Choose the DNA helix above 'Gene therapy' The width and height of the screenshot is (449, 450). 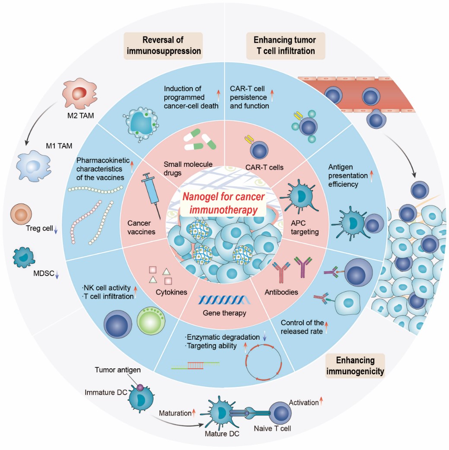(x=220, y=299)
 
